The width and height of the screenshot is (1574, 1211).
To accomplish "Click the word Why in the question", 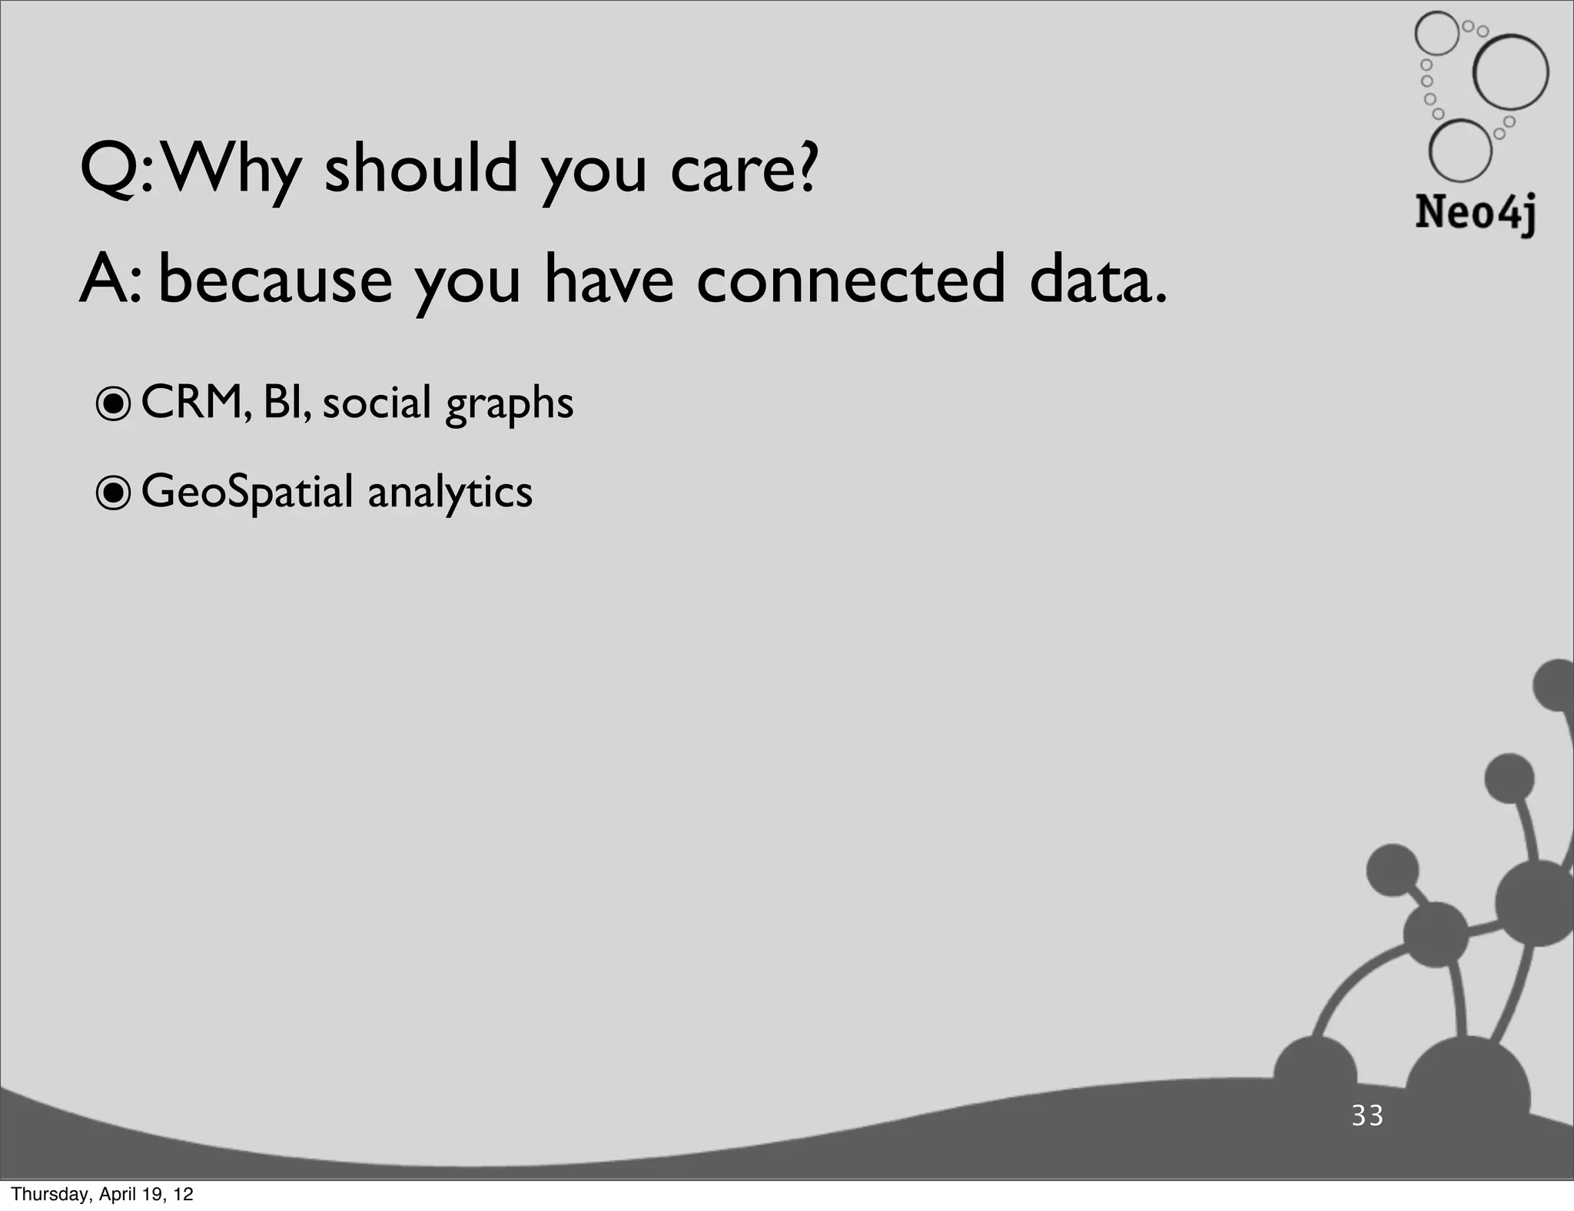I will tap(231, 170).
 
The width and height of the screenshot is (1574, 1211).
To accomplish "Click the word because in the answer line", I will tap(275, 280).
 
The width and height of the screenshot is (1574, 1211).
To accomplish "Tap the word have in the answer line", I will tap(608, 280).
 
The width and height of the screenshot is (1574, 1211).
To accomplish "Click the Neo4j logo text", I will tap(1475, 212).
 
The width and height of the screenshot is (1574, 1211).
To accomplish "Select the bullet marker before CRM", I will tap(114, 405).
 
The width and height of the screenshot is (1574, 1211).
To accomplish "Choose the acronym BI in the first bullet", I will tap(284, 402).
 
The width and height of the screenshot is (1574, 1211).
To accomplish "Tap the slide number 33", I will tap(1367, 1115).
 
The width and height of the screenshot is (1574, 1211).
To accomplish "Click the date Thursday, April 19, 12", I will tap(102, 1194).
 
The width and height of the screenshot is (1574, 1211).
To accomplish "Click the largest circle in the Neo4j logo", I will tap(1510, 72).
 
